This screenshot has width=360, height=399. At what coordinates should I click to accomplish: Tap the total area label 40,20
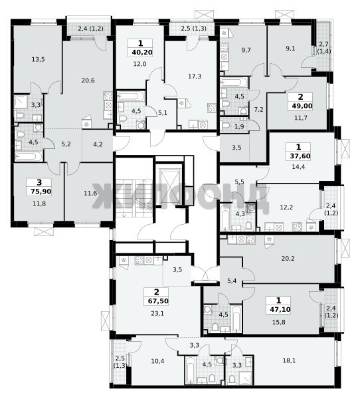(142, 53)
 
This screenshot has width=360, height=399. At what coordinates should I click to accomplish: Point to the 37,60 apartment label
(300, 156)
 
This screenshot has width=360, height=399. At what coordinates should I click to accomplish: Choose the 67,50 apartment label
(158, 301)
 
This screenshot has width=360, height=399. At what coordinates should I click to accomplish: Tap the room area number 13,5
(38, 60)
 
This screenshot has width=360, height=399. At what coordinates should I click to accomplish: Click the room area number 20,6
(88, 80)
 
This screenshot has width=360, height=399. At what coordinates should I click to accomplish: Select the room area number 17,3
(195, 76)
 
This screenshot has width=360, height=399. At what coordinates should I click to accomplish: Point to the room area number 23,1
(157, 313)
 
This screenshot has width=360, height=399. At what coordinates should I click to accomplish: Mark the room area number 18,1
(289, 360)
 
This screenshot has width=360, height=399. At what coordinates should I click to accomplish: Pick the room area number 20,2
(288, 259)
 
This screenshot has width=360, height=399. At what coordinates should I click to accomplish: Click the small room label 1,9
(238, 126)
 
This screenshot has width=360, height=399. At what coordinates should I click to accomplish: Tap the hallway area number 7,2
(258, 110)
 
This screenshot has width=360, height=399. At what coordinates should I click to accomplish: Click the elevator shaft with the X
(169, 186)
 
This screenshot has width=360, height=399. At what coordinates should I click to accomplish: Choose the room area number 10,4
(157, 360)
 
